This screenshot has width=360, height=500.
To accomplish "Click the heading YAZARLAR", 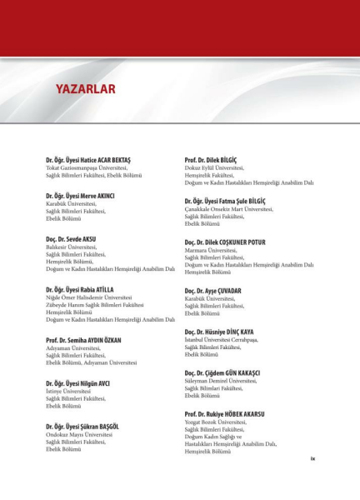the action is (x=85, y=88).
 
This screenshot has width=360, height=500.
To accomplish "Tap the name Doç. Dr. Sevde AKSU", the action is (x=71, y=239).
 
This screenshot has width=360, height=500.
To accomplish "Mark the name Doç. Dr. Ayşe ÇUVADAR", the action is (x=212, y=291).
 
